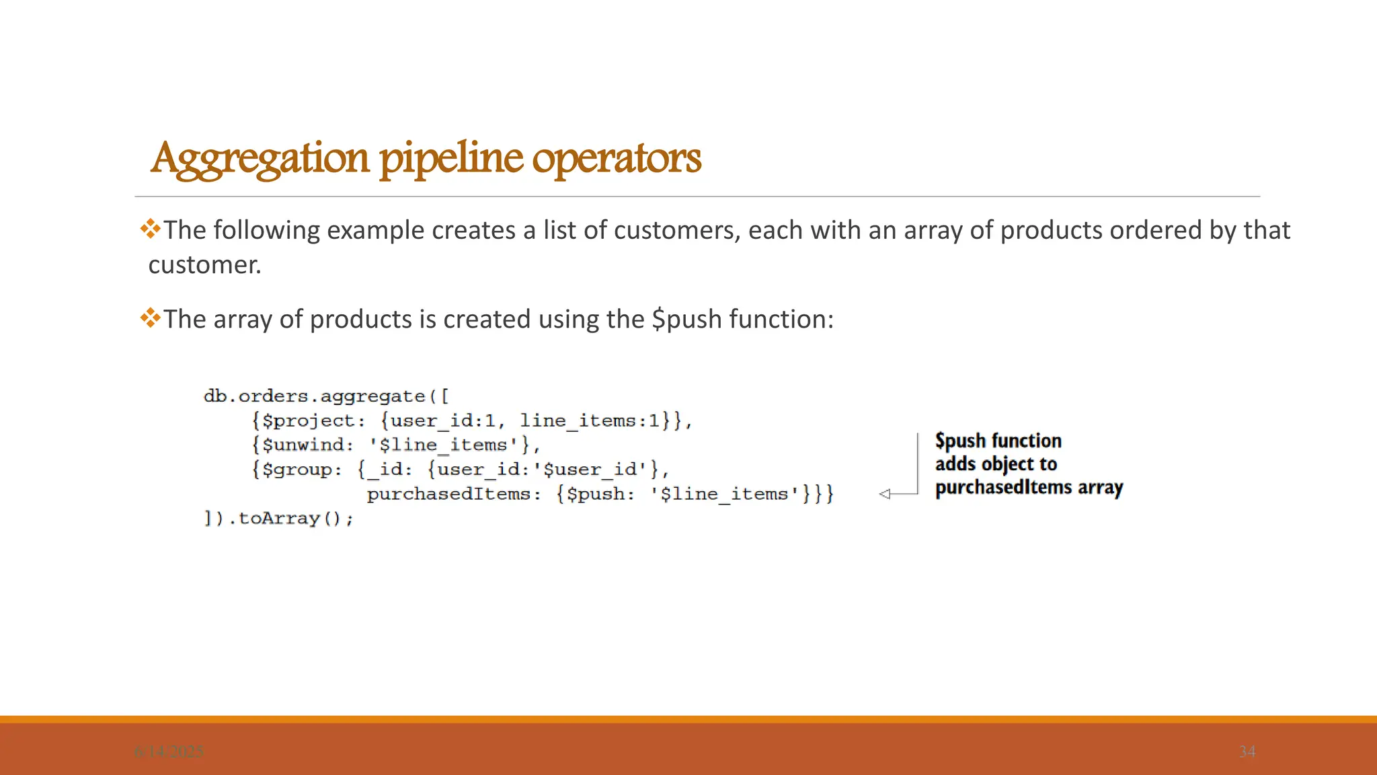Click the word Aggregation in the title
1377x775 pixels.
click(x=260, y=159)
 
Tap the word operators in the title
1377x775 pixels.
click(x=617, y=159)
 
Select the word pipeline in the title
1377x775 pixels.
click(x=451, y=159)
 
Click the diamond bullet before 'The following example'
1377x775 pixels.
click(x=151, y=229)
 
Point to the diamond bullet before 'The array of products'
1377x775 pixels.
click(x=151, y=318)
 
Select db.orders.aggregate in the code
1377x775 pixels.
click(x=314, y=396)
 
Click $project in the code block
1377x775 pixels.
click(x=308, y=420)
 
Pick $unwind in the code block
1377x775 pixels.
click(x=302, y=445)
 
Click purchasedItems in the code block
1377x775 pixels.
click(x=448, y=494)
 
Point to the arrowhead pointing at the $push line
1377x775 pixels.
click(x=885, y=494)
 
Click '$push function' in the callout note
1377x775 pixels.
click(x=998, y=441)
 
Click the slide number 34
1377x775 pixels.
click(x=1247, y=751)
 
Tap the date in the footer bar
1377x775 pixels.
click(x=168, y=751)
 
